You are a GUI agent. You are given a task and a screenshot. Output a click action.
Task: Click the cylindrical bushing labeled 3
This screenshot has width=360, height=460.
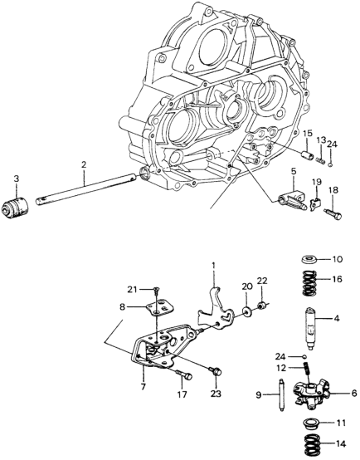15,207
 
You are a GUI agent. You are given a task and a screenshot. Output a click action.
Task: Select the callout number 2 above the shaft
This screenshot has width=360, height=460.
84,164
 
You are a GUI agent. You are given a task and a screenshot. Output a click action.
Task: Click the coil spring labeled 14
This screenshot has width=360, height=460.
312,444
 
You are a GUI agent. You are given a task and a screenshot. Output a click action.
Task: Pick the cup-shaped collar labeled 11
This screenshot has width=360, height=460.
310,423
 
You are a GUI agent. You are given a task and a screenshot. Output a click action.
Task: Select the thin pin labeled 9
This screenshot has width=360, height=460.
281,394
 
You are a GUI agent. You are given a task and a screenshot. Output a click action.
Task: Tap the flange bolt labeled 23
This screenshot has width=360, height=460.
216,371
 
